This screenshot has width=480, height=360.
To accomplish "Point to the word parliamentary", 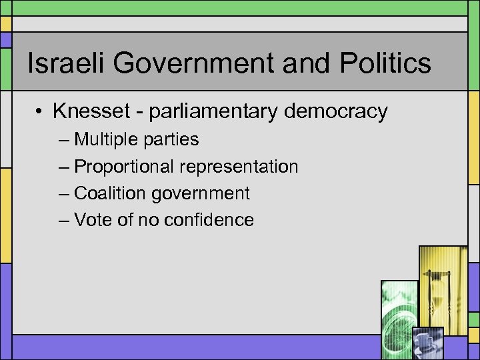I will click(x=213, y=112).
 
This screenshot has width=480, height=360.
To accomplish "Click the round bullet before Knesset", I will click(x=41, y=111).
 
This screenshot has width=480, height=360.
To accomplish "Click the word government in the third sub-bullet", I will click(x=201, y=194).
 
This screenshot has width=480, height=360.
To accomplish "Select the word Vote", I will click(x=93, y=220).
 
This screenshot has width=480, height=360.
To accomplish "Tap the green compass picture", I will click(x=399, y=310).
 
